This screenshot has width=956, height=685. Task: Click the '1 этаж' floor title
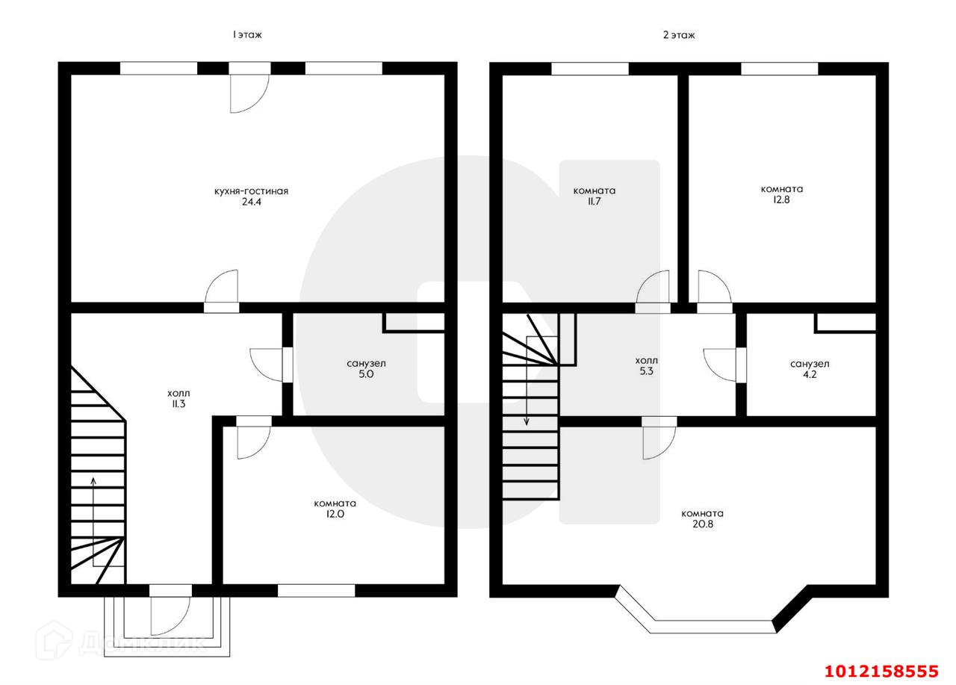coord(246,35)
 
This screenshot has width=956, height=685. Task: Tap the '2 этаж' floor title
coord(678,35)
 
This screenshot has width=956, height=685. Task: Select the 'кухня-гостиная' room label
coord(251,191)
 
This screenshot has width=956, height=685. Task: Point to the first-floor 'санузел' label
coord(366,364)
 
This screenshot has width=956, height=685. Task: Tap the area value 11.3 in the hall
coord(179,403)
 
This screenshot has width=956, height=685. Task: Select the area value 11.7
coord(595,202)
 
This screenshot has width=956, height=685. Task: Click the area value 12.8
coord(782,200)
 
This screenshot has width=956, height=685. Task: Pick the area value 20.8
coord(702,524)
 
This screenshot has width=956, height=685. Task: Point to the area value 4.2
coord(810,375)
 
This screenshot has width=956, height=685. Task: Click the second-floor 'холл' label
coord(647,360)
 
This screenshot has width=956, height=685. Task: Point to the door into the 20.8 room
coord(659,438)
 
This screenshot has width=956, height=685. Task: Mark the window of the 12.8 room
coord(780,69)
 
